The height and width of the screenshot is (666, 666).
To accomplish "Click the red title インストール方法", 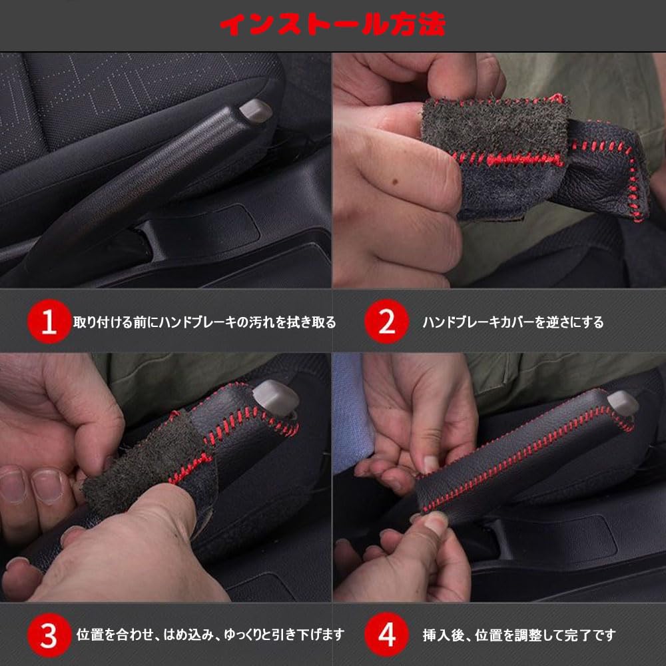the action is [332, 24].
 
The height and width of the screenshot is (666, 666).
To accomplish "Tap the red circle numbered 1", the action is [49, 322].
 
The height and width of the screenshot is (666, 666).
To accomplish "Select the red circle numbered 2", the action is [386, 322].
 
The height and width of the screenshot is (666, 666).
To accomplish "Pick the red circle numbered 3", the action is [49, 635].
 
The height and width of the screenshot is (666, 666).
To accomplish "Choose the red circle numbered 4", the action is [386, 635].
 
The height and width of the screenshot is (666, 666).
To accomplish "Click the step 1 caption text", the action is [204, 322].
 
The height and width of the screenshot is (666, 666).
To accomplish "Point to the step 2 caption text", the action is [513, 322].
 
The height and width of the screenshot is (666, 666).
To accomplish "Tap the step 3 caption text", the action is [210, 635].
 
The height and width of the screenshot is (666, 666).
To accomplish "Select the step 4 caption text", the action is [519, 635].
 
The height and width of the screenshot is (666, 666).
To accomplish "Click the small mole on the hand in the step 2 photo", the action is [396, 181].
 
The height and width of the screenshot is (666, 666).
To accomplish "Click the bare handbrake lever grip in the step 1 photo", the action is [140, 178].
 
